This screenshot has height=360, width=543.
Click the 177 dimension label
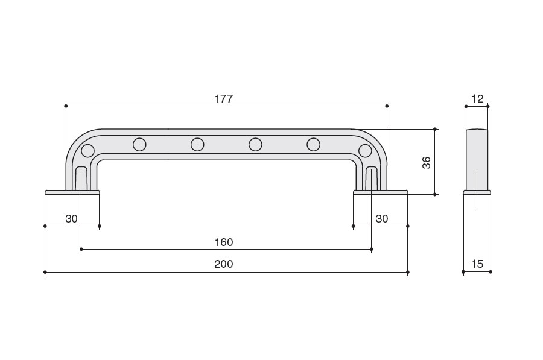point(224,99)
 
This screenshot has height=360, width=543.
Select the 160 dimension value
point(224,242)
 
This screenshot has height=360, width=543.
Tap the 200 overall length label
point(224,264)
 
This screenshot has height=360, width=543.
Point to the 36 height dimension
point(427,163)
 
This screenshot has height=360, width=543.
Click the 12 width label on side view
point(477,99)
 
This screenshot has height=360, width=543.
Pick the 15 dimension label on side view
point(477,264)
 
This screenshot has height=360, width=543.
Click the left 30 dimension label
point(71,219)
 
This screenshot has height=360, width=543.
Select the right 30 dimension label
point(382,219)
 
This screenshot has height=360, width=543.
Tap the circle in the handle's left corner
point(87,151)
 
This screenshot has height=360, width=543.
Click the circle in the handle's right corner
point(365,151)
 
